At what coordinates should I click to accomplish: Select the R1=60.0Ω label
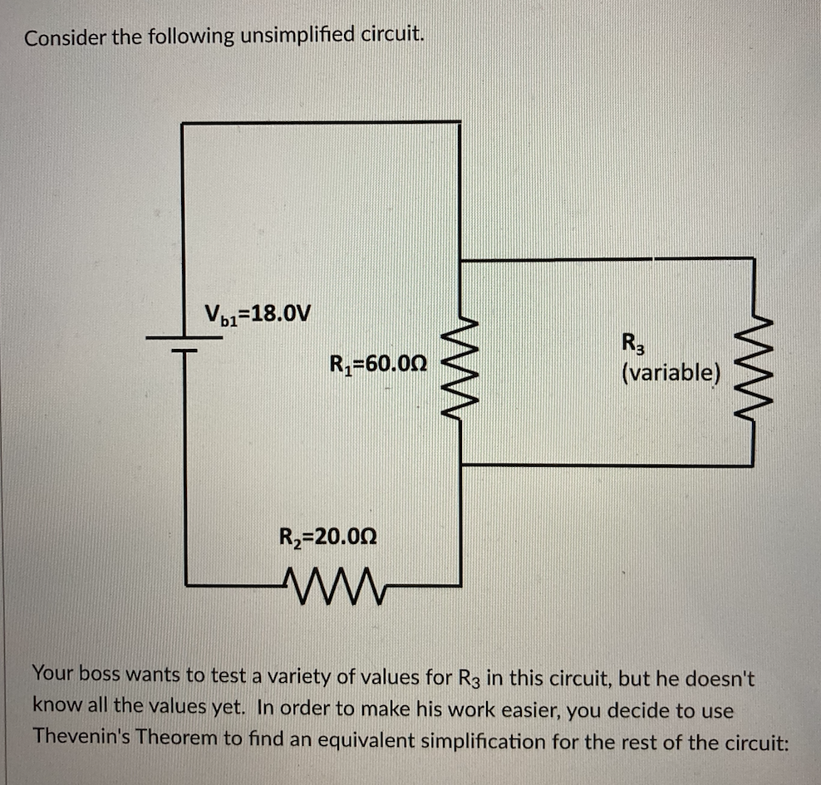coord(378,363)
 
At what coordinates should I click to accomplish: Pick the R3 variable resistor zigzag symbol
coord(753,362)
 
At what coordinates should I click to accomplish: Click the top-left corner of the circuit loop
coord(183,123)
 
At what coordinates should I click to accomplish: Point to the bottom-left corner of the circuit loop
coord(185,585)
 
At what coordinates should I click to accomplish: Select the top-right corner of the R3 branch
coord(753,259)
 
